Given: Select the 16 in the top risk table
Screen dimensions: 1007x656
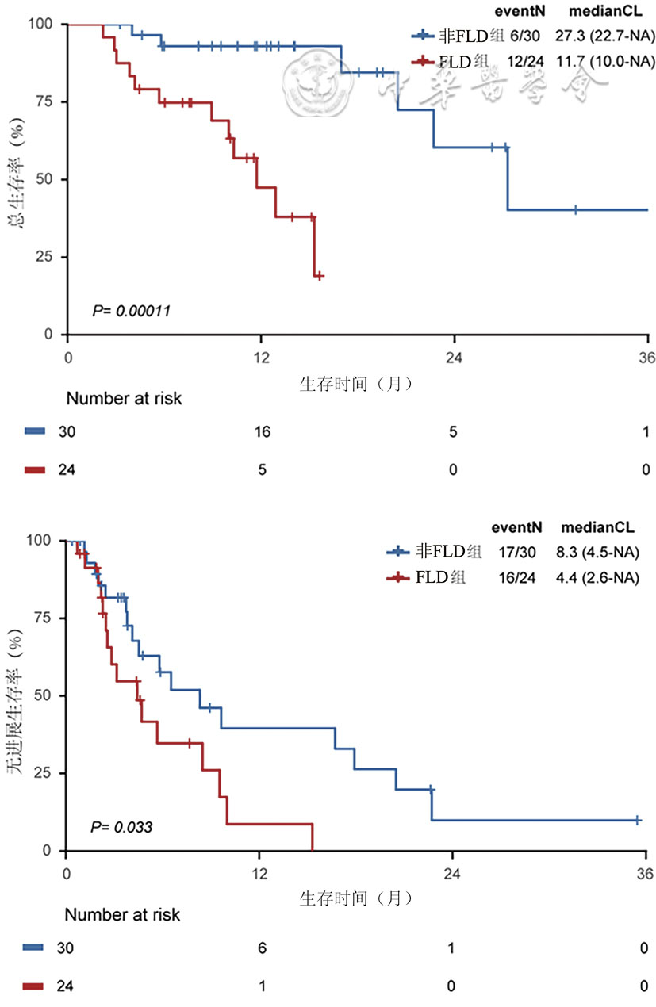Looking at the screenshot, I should [x=261, y=431].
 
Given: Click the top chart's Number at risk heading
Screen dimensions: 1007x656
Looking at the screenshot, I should [x=124, y=399].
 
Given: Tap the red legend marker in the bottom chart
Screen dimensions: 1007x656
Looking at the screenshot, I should [x=398, y=577].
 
